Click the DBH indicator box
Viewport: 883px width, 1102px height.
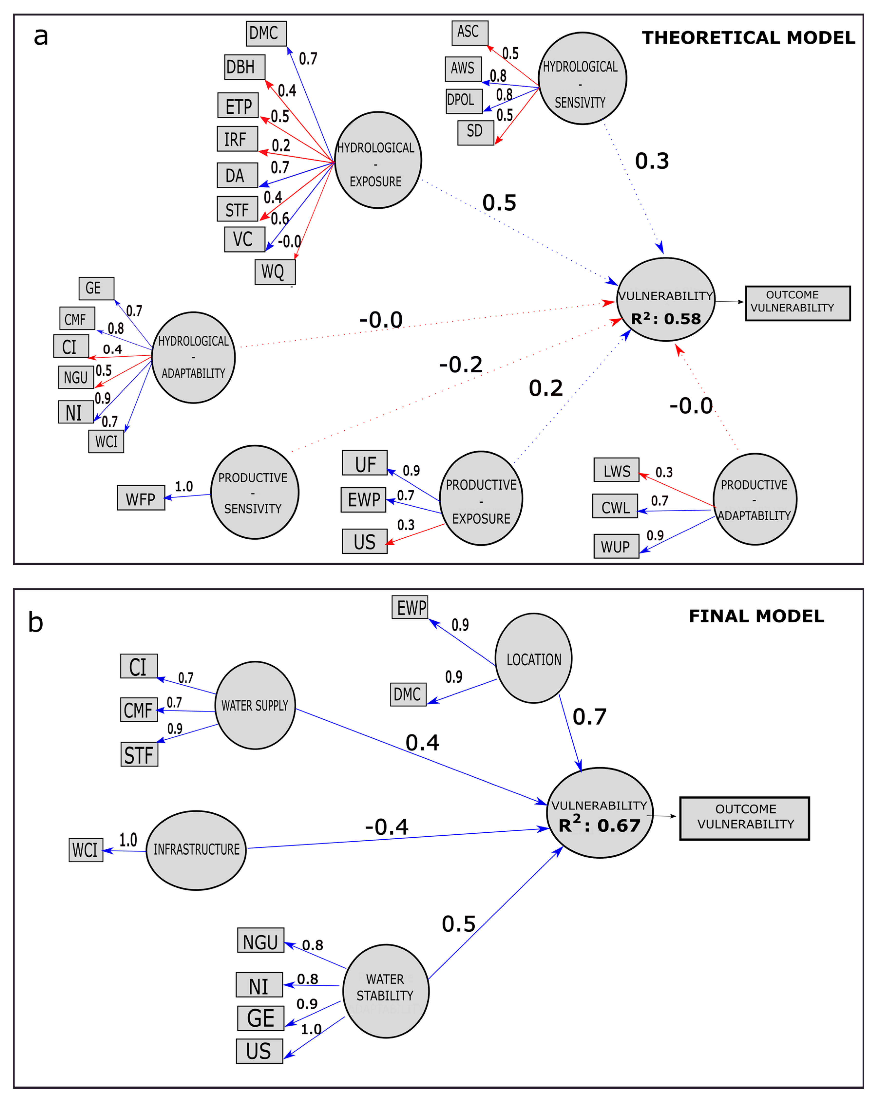click(x=244, y=67)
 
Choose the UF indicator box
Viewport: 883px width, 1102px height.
click(x=365, y=463)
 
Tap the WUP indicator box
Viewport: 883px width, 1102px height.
click(x=616, y=546)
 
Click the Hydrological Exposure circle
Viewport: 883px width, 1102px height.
click(x=378, y=160)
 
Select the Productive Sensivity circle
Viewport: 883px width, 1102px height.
click(x=255, y=492)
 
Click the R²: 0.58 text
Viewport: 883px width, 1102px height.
click(x=666, y=319)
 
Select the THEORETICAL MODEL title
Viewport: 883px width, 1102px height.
click(x=748, y=38)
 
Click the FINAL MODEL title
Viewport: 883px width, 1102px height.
click(x=756, y=616)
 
